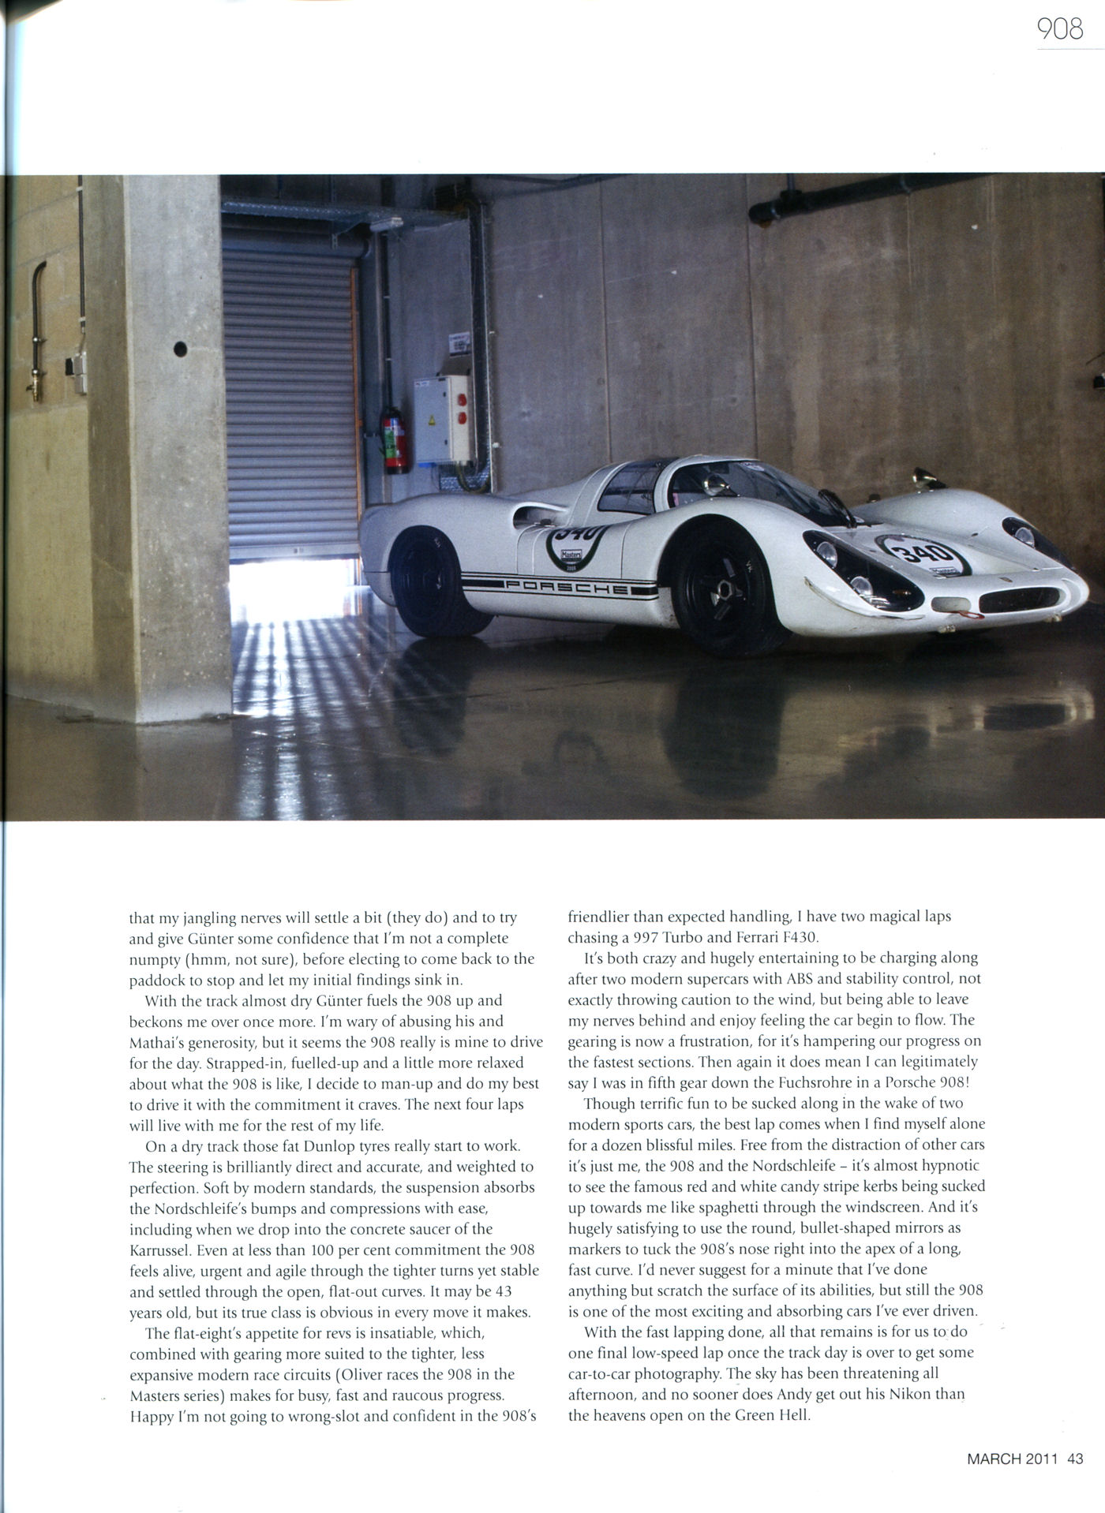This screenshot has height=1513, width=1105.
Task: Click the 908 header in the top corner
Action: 1060,29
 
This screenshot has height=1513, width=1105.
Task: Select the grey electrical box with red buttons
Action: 443,419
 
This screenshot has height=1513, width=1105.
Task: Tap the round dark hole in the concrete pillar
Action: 180,349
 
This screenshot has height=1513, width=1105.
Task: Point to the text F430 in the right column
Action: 799,938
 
